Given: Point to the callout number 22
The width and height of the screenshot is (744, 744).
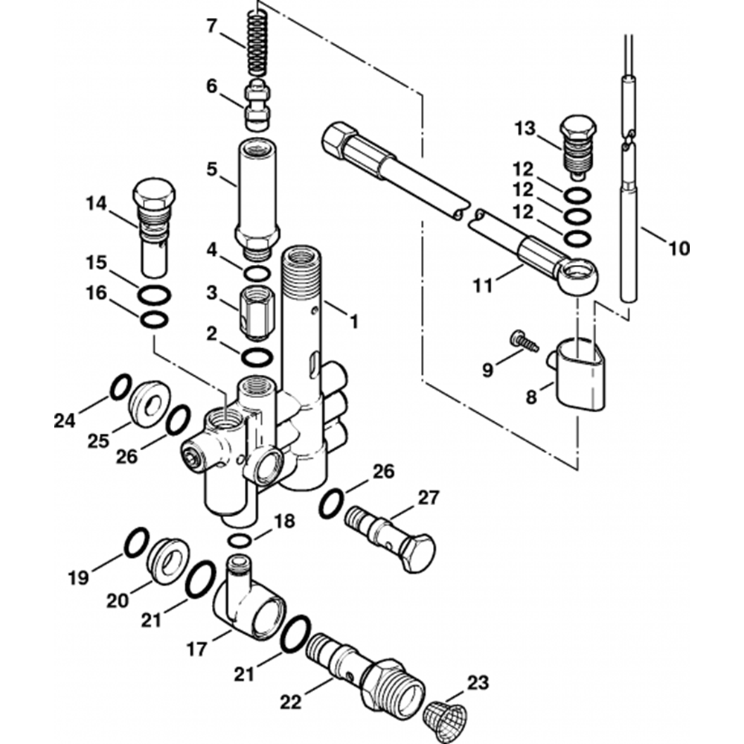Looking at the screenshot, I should click(290, 701).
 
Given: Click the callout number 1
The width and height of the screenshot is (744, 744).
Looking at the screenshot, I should click(354, 321).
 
